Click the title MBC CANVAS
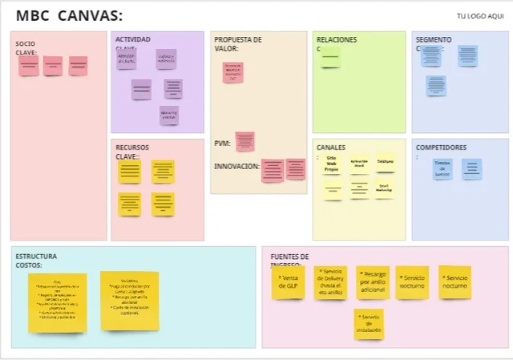[69, 16]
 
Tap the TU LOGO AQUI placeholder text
[479, 16]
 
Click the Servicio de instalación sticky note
[370, 324]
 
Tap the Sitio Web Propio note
[332, 164]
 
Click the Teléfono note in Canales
[385, 162]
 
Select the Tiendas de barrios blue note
[442, 168]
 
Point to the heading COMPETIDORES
[441, 148]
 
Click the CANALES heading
[331, 148]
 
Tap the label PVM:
[222, 144]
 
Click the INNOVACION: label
[236, 166]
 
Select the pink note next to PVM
[244, 142]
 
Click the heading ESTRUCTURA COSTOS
[36, 261]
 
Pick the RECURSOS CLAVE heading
[131, 152]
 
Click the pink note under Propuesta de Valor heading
[232, 72]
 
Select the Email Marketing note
[384, 188]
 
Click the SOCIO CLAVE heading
[26, 48]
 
